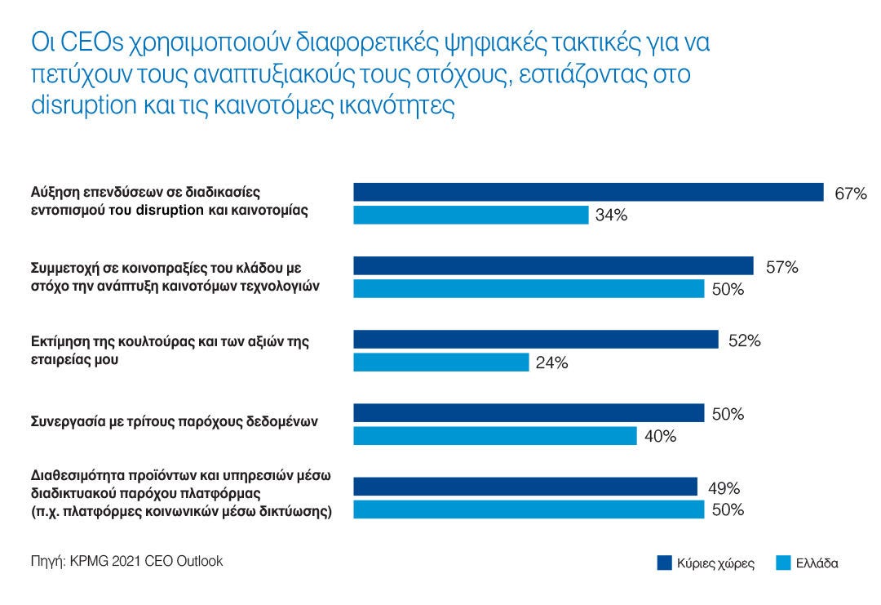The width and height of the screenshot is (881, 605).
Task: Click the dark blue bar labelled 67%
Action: [588, 192]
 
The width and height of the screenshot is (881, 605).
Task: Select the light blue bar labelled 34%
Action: [471, 215]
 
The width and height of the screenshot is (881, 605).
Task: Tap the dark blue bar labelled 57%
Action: [553, 265]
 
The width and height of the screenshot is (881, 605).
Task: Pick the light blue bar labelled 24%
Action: [440, 362]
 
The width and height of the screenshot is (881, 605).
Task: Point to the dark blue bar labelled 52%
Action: [535, 339]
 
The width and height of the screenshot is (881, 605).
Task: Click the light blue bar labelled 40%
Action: [494, 436]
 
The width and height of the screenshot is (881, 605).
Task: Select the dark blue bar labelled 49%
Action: [525, 487]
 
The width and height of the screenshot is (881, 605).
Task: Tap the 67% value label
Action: [850, 194]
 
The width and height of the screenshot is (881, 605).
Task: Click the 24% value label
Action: [551, 363]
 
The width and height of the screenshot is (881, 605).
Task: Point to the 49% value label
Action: [724, 489]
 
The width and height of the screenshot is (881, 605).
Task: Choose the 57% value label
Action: [781, 267]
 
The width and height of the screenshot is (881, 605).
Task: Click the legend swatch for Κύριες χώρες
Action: [664, 563]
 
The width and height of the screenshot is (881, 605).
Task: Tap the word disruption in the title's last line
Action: [82, 106]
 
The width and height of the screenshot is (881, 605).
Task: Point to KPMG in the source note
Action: [87, 562]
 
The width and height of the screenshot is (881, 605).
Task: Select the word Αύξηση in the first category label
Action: [55, 193]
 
